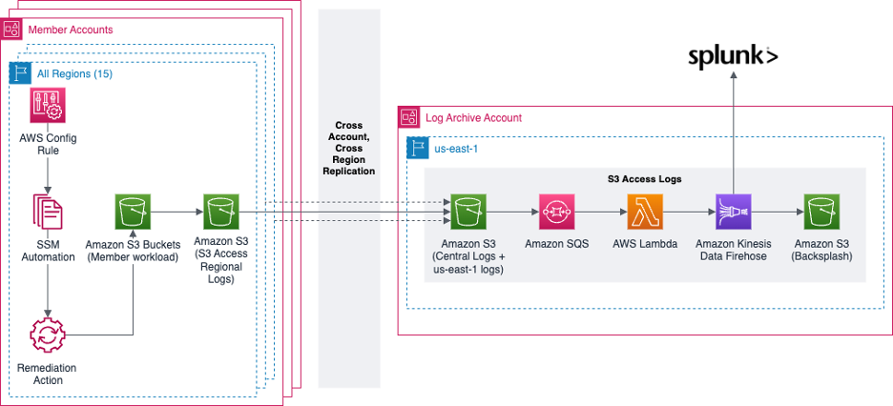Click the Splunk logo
click(x=733, y=57)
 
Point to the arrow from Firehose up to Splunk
click(x=733, y=133)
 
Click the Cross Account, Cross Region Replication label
click(x=348, y=148)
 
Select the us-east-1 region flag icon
click(x=417, y=148)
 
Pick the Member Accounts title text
click(x=71, y=30)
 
